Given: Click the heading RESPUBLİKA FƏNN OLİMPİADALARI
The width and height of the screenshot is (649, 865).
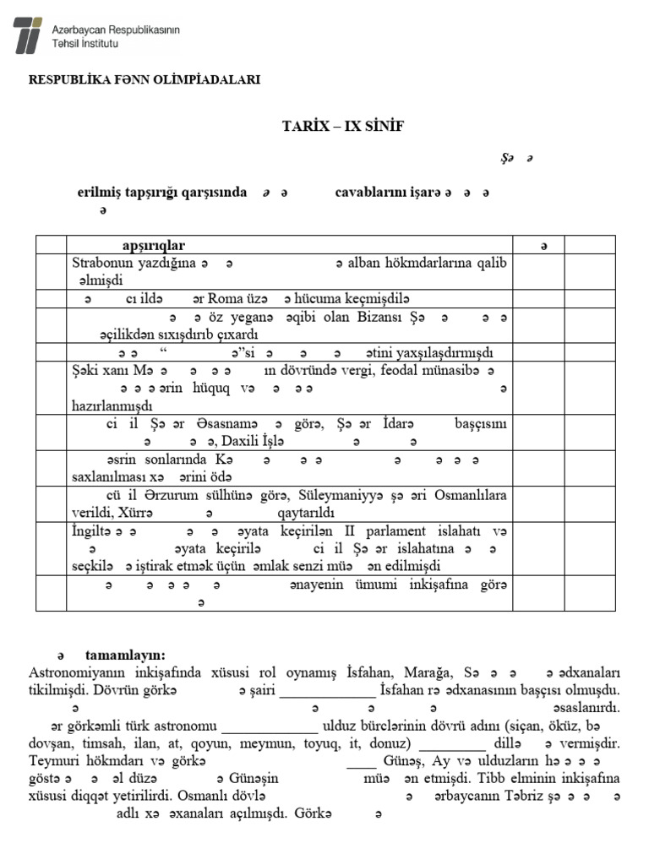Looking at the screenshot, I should (x=145, y=79).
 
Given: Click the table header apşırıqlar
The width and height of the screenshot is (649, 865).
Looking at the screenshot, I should (x=153, y=245).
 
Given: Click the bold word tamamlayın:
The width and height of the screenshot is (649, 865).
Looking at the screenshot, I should (x=125, y=655).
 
